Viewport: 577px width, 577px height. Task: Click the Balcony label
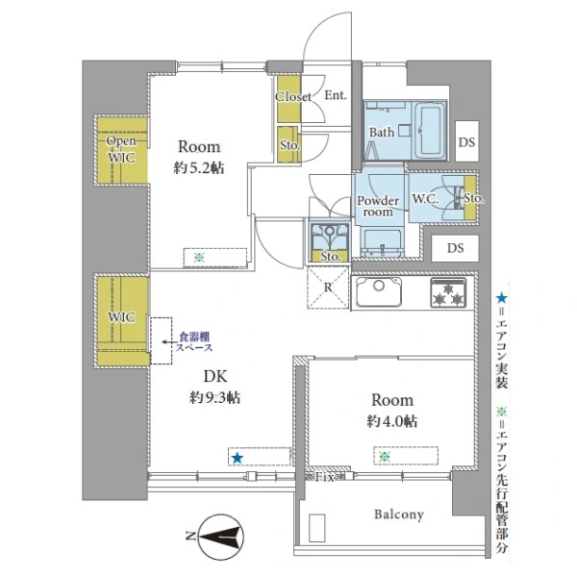point(398,514)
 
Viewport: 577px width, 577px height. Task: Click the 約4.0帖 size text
point(391,420)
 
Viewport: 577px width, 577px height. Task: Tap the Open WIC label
point(120,149)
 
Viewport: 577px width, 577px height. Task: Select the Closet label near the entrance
point(292,97)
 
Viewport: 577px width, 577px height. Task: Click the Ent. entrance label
point(336,96)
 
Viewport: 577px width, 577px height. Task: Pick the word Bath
point(382,134)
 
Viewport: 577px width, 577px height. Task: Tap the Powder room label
point(377,208)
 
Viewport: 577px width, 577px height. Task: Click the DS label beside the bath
point(465,142)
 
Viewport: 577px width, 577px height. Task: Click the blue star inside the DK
point(237,458)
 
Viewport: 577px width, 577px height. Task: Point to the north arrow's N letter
point(191,536)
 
